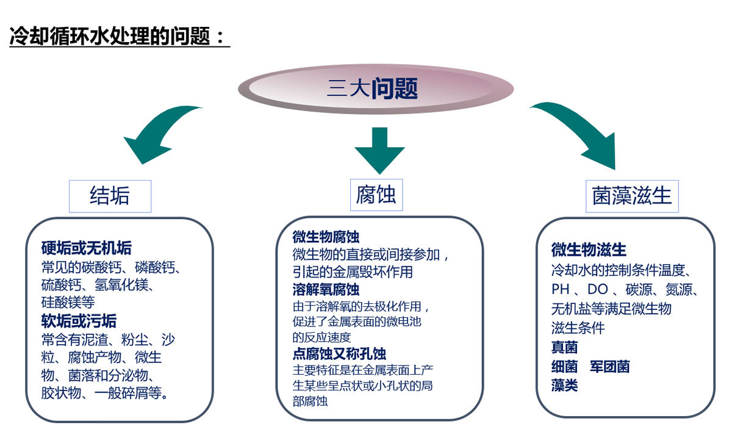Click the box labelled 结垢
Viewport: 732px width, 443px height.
tap(110, 196)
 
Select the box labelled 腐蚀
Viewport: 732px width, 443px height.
tap(376, 195)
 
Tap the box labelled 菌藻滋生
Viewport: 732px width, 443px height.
tap(632, 196)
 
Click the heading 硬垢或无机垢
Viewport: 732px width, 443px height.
tap(86, 248)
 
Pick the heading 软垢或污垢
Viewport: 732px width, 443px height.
tap(79, 320)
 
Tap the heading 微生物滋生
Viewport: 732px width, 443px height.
tap(589, 250)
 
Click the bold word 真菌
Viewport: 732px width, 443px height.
tap(564, 347)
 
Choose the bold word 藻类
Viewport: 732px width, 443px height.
tap(564, 386)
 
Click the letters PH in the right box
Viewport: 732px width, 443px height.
tap(560, 289)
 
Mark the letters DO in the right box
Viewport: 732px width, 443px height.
tap(597, 289)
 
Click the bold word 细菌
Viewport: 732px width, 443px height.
tap(564, 367)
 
